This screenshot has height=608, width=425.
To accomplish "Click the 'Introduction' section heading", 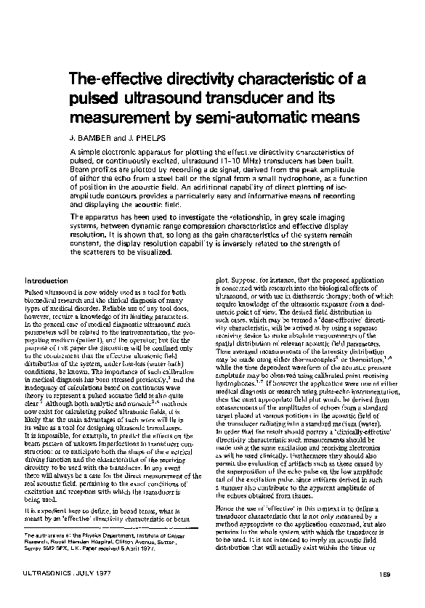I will tap(46, 280).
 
